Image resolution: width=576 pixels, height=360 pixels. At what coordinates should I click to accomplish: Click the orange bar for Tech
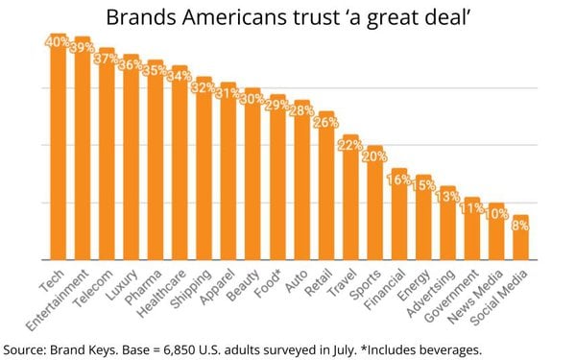pos(57,154)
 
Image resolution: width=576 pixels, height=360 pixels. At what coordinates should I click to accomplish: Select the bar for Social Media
pos(519,240)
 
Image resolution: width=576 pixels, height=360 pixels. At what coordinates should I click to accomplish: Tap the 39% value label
pos(82,45)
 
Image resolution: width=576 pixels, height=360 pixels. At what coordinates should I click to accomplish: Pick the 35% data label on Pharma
pos(154,69)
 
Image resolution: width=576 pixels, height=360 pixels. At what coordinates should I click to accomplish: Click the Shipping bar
pos(203,173)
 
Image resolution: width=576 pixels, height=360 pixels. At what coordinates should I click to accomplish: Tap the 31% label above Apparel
pos(227,93)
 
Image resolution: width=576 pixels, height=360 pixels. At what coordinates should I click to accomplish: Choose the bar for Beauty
pos(252,178)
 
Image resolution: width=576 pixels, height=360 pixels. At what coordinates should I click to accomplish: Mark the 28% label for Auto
pos(300,110)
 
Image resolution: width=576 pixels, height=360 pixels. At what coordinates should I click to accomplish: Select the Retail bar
pos(324,187)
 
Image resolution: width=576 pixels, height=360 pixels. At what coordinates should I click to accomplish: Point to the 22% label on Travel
pos(349,145)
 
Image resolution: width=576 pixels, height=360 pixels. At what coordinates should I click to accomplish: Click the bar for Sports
pos(373,206)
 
